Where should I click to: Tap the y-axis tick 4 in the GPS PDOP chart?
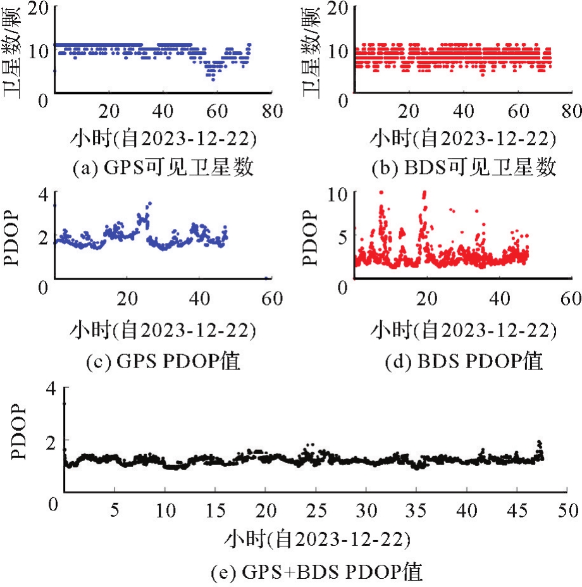(x=42, y=195)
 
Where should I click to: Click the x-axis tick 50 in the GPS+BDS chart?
(x=567, y=508)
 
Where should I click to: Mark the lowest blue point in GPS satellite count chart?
(x=213, y=79)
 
